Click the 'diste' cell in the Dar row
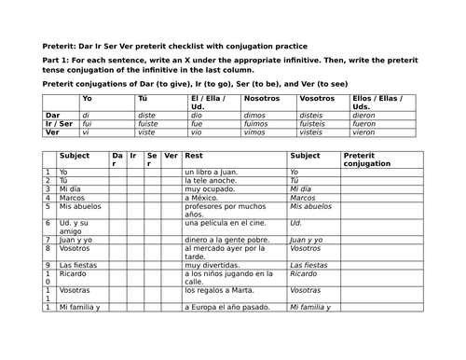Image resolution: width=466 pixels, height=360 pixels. pyautogui.click(x=148, y=114)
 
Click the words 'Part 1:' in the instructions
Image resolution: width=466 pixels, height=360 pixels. pyautogui.click(x=61, y=61)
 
